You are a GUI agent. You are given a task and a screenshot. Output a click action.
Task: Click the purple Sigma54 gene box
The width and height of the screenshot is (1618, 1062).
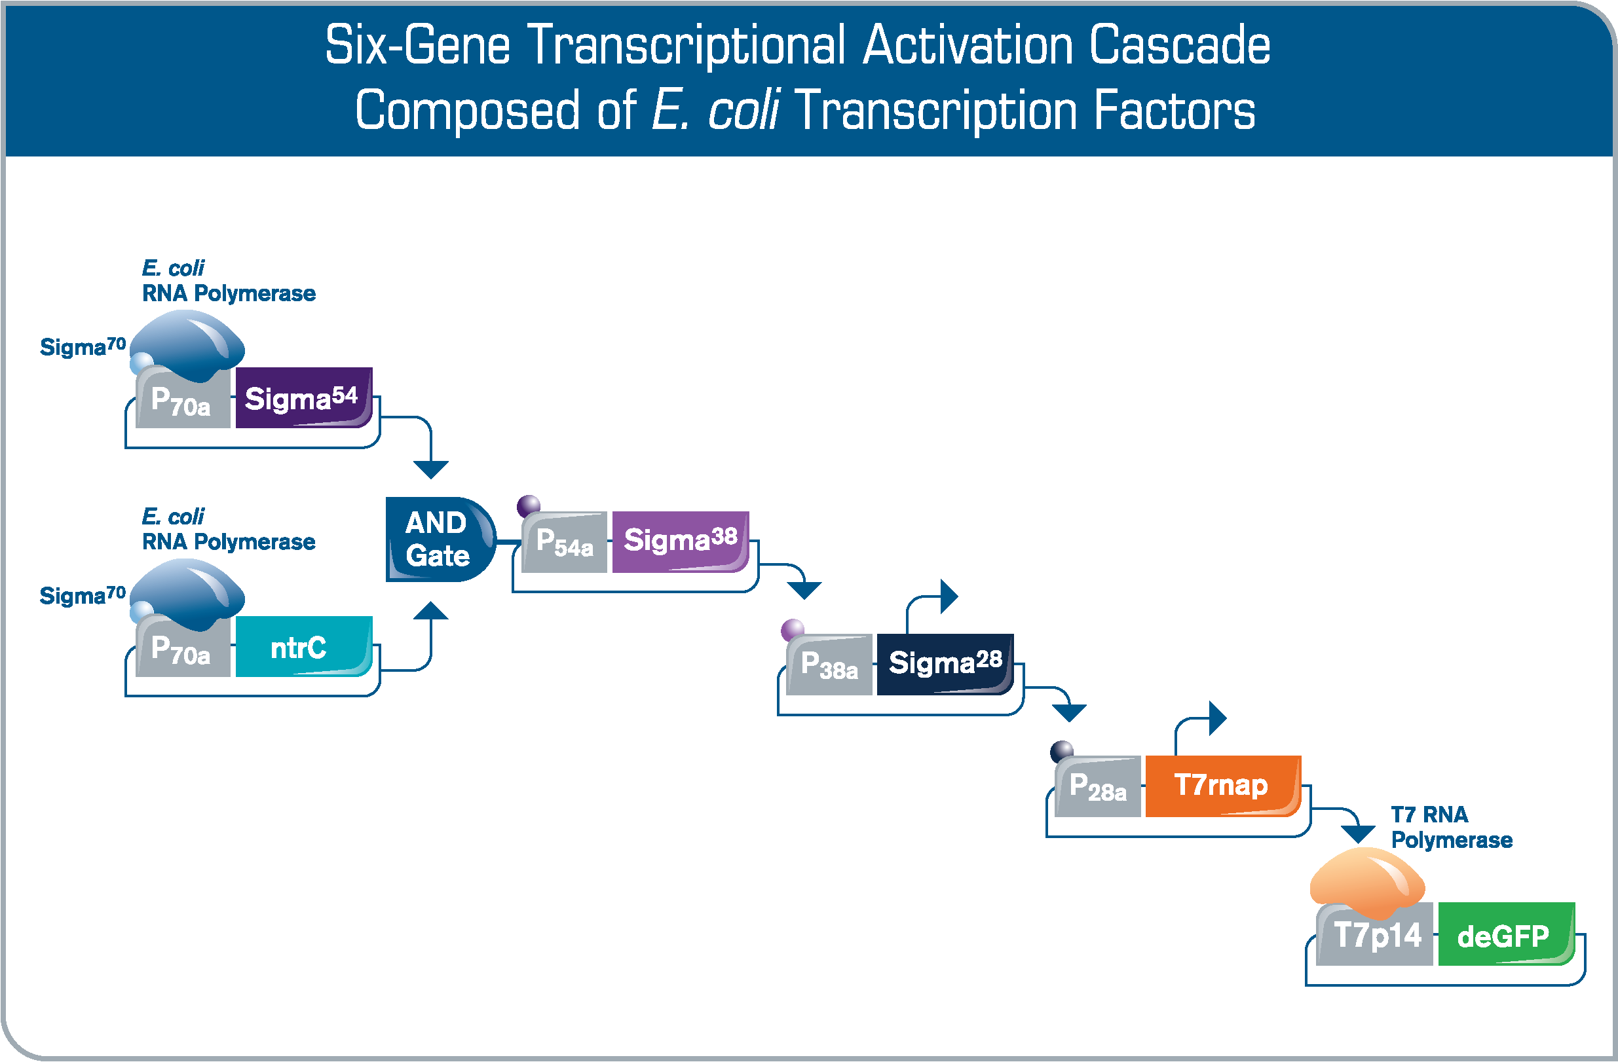pos(304,397)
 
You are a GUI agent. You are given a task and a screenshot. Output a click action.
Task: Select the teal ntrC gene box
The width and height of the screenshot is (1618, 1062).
pos(304,646)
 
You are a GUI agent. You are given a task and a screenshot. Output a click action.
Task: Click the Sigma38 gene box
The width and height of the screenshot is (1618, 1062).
pos(681,541)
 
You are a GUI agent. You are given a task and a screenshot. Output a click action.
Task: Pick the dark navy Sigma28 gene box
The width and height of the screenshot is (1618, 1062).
pos(945,664)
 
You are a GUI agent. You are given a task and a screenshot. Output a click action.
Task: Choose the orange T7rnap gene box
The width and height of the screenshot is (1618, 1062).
pos(1223,786)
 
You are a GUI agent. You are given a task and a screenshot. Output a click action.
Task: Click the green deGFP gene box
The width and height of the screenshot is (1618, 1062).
pos(1507,934)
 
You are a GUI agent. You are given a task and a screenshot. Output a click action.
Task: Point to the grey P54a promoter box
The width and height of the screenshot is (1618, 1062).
pos(564,542)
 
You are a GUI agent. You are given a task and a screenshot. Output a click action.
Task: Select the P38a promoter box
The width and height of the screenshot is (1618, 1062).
pos(829,665)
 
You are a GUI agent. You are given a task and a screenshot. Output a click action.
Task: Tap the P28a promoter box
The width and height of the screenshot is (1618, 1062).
pos(1097,786)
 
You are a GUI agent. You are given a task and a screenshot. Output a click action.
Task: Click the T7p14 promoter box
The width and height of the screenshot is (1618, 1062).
pos(1374,934)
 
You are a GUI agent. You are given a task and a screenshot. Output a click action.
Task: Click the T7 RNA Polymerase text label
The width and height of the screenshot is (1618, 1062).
pos(1452,827)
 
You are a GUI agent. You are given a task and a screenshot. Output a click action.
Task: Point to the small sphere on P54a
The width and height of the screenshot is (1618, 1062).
pos(528,506)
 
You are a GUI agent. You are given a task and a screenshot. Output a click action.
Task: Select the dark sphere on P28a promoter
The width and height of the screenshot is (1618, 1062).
pos(1062,752)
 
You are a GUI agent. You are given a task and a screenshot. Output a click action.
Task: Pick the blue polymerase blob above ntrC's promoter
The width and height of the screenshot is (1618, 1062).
pos(187,595)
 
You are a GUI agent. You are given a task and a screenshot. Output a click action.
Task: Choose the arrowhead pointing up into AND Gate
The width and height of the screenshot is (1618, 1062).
pos(431,610)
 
